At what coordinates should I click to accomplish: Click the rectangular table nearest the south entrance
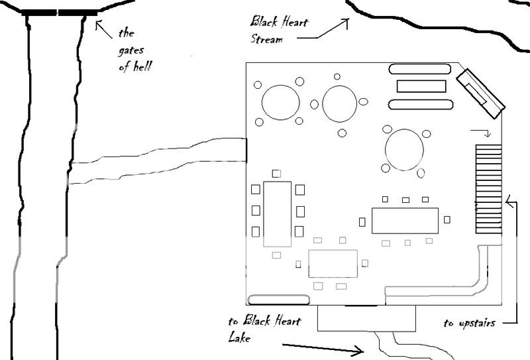point(333,263)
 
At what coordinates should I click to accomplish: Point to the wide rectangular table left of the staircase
point(405,219)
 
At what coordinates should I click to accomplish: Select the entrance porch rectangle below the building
point(366,318)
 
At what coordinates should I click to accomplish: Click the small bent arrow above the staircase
point(482,133)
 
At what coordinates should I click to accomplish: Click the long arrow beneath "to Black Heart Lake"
point(322,347)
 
